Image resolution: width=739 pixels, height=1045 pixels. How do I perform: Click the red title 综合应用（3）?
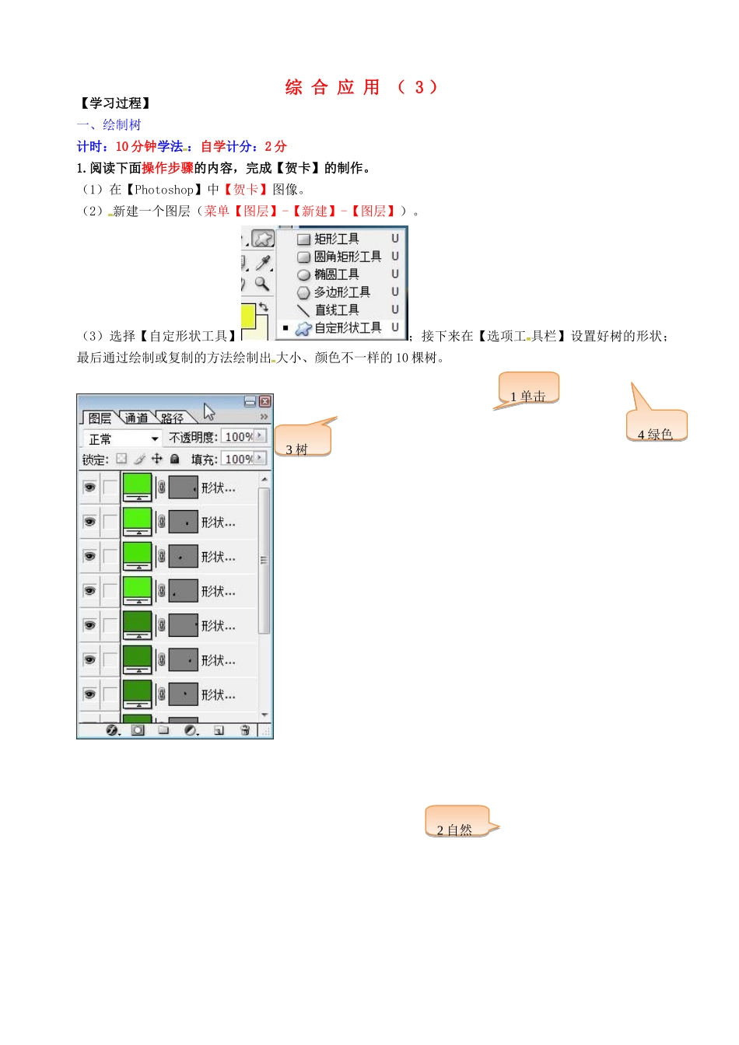[x=361, y=87]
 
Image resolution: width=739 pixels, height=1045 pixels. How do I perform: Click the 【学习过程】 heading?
[x=115, y=103]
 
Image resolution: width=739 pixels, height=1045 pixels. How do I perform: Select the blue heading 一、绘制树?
[x=109, y=124]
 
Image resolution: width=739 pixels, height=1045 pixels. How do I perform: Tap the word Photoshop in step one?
[x=164, y=190]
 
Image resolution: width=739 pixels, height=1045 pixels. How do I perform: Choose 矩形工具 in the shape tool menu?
[x=336, y=239]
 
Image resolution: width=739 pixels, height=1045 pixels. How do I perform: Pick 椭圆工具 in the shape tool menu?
[x=336, y=274]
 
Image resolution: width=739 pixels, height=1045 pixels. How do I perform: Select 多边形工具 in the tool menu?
[x=341, y=292]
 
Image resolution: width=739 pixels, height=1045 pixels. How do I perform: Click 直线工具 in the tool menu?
[x=336, y=309]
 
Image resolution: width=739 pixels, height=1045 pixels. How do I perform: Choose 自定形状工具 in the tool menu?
[x=347, y=327]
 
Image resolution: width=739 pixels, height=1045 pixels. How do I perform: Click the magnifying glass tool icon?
[x=262, y=283]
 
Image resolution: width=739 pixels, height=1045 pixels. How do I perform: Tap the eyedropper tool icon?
[x=264, y=263]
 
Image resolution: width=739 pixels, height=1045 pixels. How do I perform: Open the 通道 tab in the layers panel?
[x=136, y=418]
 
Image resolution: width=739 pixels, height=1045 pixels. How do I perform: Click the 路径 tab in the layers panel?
[x=172, y=418]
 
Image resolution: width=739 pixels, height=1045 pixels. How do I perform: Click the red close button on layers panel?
[x=264, y=401]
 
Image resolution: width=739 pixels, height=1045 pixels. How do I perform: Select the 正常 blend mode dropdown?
[x=122, y=439]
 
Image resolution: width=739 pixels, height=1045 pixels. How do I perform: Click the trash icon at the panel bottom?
[x=244, y=730]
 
